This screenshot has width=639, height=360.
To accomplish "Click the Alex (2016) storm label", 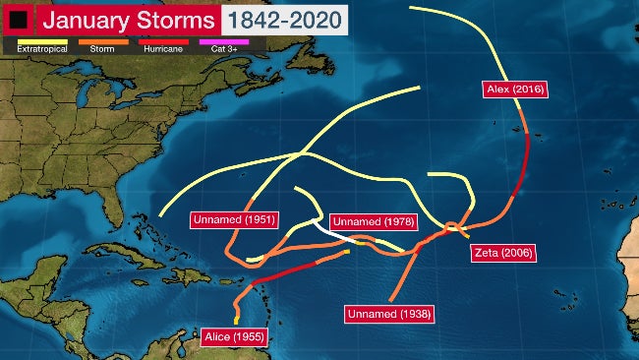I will click(515, 90).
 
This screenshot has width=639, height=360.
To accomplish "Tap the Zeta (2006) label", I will click(501, 253).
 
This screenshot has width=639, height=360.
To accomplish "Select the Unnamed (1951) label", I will click(233, 219).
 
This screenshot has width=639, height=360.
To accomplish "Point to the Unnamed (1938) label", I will click(389, 314).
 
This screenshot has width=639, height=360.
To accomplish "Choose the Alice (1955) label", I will click(234, 337).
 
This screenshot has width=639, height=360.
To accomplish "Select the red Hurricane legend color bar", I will click(162, 41).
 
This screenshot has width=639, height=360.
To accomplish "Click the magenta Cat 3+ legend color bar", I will click(225, 41).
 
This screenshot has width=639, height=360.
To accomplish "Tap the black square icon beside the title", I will click(18, 20).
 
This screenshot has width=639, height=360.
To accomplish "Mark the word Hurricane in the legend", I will click(162, 49).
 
